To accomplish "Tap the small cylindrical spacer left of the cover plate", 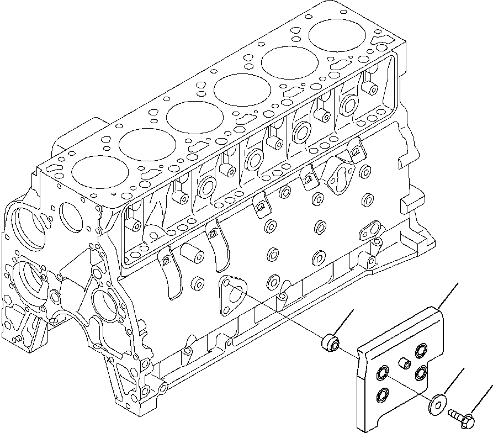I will click(x=330, y=343).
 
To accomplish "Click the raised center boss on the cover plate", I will click(x=403, y=362).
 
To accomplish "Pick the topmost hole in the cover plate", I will click(x=422, y=350).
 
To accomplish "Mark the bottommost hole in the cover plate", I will click(x=381, y=394).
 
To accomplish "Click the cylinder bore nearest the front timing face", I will click(x=94, y=172).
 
